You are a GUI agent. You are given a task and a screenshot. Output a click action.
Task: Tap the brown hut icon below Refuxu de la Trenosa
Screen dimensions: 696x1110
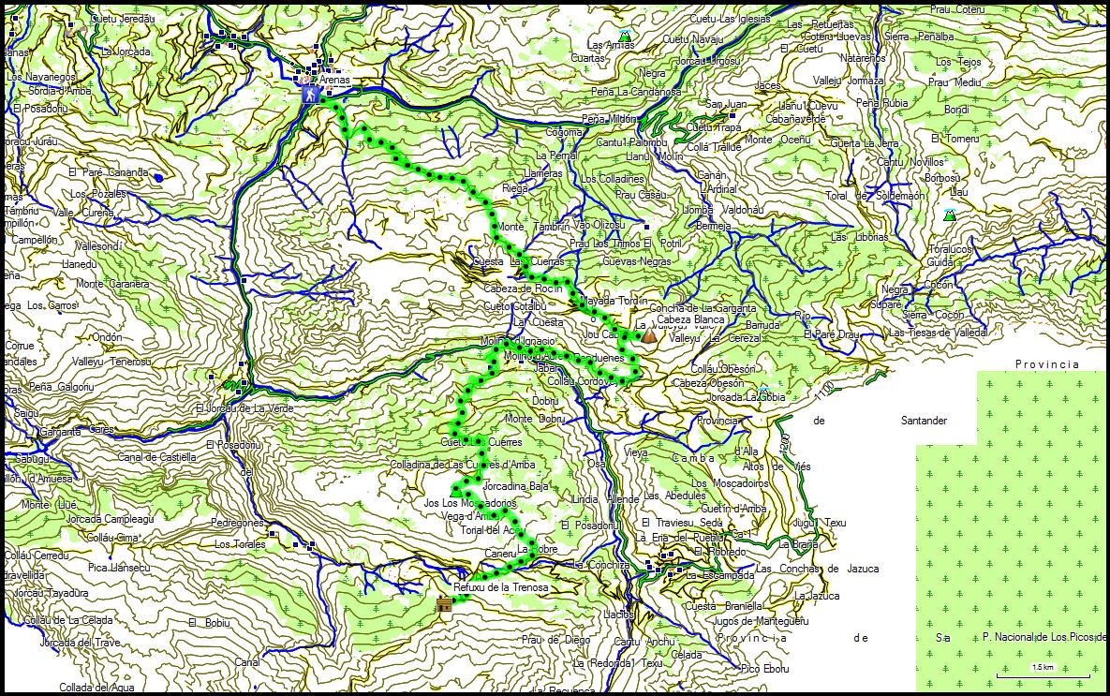[443, 605]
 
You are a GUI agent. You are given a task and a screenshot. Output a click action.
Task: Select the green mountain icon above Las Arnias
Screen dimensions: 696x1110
[625, 36]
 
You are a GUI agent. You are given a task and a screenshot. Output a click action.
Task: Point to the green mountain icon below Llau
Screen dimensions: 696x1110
[950, 215]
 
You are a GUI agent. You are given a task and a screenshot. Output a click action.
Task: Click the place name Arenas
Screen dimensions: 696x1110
[334, 80]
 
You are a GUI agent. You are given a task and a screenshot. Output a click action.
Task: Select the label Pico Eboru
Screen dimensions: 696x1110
[762, 669]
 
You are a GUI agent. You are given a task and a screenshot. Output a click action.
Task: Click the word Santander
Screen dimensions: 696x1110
[918, 422]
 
